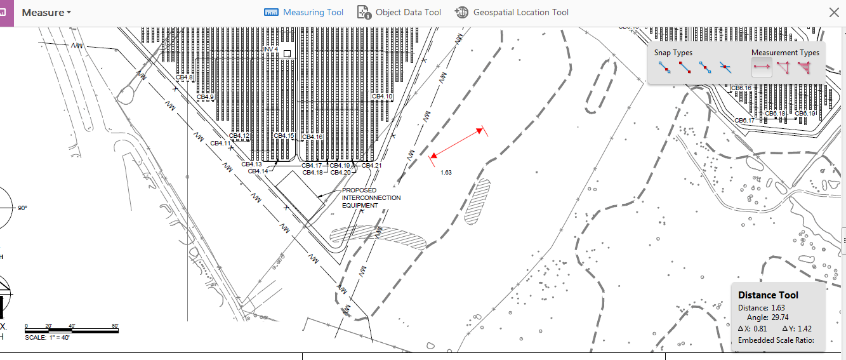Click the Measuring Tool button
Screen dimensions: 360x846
coord(304,12)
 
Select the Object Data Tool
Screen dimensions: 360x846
coord(399,12)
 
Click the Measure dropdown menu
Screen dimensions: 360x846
coord(46,12)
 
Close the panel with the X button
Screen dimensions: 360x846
coord(834,12)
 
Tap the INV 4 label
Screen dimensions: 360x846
coord(271,50)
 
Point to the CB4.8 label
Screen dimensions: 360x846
coord(184,77)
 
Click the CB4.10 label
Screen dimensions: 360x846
coord(382,97)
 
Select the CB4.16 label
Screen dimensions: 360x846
coord(312,137)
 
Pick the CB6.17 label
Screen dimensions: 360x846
coord(744,121)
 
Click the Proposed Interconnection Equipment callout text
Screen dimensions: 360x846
coord(371,197)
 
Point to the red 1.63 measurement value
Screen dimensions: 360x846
coord(446,172)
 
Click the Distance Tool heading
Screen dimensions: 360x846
coord(768,295)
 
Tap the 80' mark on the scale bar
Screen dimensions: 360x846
coord(115,326)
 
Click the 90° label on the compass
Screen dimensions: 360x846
coord(22,208)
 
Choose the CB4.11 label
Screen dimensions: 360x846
coord(220,143)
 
